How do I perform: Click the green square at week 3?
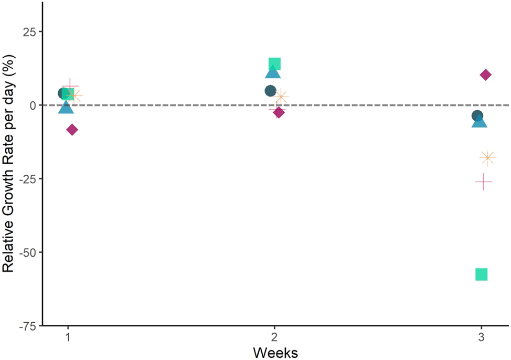(481, 274)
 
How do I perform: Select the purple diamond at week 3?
(485, 75)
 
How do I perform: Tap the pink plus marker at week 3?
(483, 182)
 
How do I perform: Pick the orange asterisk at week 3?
(487, 157)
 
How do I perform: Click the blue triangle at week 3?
(480, 122)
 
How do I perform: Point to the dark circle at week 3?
(477, 116)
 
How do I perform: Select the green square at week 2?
(274, 64)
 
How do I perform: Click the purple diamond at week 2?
(279, 112)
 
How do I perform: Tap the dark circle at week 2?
(271, 91)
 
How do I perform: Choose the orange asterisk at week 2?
(282, 97)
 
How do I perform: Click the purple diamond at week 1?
(72, 130)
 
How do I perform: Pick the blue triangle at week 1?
(66, 108)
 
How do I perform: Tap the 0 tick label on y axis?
(33, 105)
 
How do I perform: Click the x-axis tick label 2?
(274, 336)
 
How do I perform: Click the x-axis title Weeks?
(274, 352)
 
